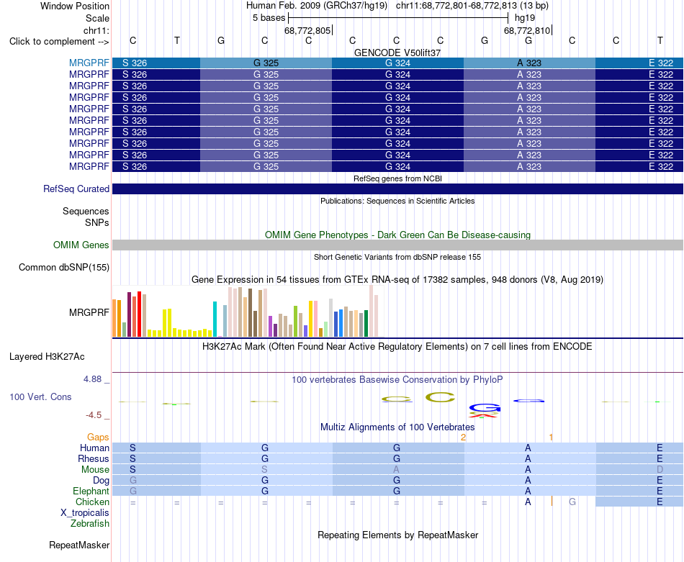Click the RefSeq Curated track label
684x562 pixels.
[76, 189]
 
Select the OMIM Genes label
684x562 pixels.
[81, 245]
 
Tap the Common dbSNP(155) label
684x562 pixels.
[64, 267]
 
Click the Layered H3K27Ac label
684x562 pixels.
[47, 357]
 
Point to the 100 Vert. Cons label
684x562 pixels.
[40, 396]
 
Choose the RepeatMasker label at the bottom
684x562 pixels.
[79, 545]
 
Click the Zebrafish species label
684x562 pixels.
[90, 524]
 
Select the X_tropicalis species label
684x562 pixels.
[85, 513]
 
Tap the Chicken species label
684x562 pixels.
[92, 502]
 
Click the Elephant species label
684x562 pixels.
[91, 491]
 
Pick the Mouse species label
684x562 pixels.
[95, 470]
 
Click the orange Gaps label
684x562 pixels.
[98, 437]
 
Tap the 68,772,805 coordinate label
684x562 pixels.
[307, 30]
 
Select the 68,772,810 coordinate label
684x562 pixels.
[527, 30]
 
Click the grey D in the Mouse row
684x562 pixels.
[660, 470]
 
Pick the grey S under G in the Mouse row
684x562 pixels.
[264, 470]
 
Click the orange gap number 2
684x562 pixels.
[463, 437]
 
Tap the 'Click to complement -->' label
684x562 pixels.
[59, 42]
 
